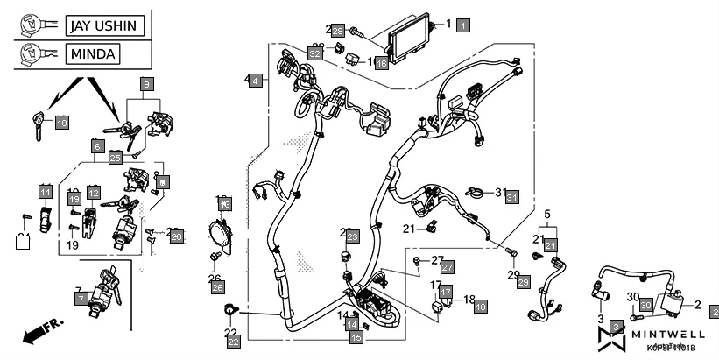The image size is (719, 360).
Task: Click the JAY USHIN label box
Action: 102,25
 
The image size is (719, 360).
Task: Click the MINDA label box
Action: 93,55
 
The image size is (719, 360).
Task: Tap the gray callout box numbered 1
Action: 462,25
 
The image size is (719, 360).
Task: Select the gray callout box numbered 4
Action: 254,81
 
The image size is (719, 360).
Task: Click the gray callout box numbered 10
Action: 61,124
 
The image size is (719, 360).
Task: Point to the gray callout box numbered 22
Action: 234,342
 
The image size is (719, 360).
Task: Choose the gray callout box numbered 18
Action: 480,306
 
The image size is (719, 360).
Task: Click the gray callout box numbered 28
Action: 337,31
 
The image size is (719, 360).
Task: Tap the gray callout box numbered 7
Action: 81,299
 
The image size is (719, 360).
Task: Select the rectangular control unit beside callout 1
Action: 408,42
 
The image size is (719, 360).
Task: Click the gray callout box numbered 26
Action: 218,286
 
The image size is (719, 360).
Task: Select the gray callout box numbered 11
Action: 45,191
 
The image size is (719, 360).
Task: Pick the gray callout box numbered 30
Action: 645,305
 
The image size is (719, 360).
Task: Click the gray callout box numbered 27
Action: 446,266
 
